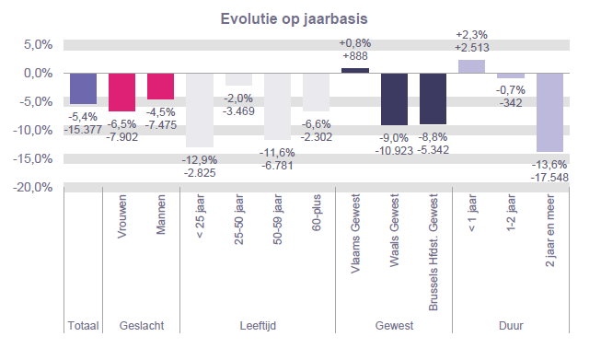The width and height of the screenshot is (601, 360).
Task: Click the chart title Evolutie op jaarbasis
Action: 300,18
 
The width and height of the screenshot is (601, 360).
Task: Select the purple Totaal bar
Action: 84,88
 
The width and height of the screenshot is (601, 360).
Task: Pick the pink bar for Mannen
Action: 161,86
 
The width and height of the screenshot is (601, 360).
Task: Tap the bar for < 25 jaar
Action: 200,110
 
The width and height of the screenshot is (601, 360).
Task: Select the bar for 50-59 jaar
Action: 277,106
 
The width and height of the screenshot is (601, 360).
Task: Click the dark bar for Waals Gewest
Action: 394,99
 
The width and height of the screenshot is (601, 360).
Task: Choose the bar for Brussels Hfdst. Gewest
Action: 433,98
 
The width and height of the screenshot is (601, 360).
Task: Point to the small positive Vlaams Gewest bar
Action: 355,70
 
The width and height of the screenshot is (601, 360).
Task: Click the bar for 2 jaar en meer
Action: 549,111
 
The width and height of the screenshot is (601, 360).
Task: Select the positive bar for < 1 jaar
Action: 471,66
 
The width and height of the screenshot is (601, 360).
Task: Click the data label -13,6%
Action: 549,165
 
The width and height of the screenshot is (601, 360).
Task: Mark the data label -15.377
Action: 84,128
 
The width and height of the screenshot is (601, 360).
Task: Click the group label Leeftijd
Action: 258,326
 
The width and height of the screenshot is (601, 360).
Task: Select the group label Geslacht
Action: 142,326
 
